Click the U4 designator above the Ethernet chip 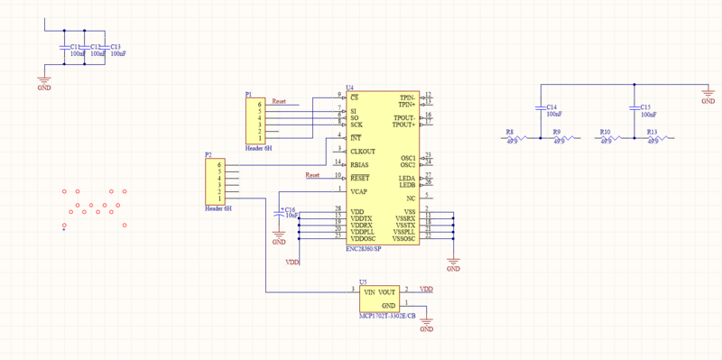click(349, 88)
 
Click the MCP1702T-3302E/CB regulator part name click(387, 317)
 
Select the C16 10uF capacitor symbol click(279, 214)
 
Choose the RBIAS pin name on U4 click(359, 164)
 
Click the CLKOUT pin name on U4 click(363, 151)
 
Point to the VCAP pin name click(358, 191)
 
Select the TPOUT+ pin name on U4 click(403, 125)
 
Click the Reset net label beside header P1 click(279, 101)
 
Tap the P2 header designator click(208, 155)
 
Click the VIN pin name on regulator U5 click(368, 292)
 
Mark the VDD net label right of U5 click(426, 290)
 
